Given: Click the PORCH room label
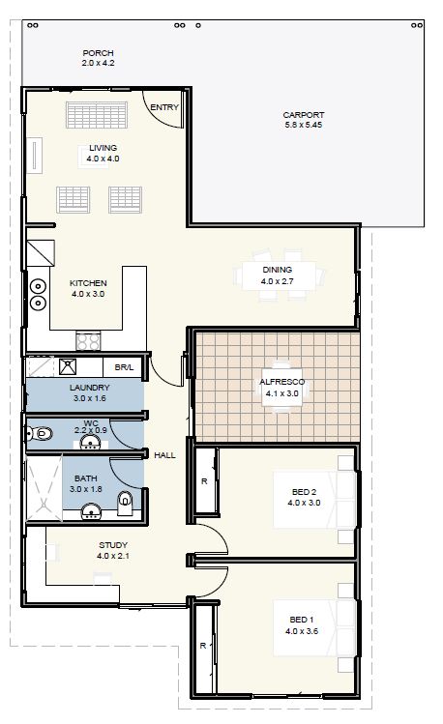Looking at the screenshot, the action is [98, 53].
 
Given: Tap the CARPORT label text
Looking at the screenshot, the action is [304, 115].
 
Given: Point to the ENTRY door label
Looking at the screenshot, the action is [164, 107].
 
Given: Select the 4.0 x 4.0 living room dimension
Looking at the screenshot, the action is [103, 159].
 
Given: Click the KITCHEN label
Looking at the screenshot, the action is [88, 283].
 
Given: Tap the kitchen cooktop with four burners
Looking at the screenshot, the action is [88, 341].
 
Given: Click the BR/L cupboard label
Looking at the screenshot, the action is [124, 367].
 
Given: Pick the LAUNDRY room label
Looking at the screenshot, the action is [90, 388].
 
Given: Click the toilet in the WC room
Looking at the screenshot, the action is [40, 434].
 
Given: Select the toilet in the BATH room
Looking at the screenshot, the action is [125, 504].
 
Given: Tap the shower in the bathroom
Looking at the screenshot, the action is [44, 488].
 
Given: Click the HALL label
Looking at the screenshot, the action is [164, 455].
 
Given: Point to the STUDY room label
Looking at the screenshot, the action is [113, 545].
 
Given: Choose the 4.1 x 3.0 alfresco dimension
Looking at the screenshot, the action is [281, 393].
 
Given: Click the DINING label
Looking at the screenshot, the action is [278, 270].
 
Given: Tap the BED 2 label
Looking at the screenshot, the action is [304, 492].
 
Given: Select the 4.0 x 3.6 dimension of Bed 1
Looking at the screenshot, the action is [302, 631].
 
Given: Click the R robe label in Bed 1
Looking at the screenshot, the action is [203, 646].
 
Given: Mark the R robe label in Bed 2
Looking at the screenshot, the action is [204, 481].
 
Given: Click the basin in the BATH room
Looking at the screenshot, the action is [91, 511].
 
